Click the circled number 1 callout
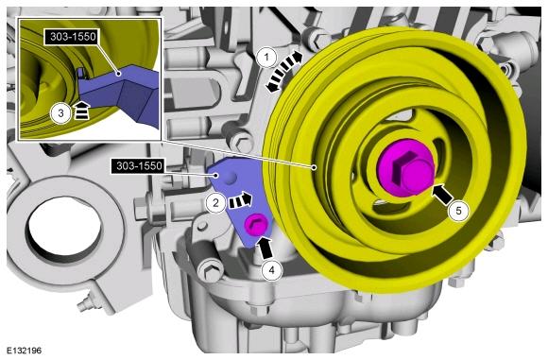coord(267,58)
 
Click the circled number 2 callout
coord(216,202)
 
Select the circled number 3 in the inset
coord(60,113)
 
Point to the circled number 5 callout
coord(458,211)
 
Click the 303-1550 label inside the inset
coord(73,36)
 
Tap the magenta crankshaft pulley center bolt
coord(405,169)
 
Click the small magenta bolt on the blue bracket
coord(256,224)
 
